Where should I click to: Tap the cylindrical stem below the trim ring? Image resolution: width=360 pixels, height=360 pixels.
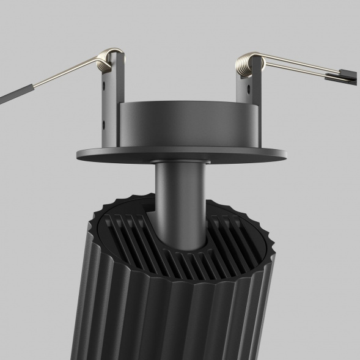pyautogui.click(x=180, y=196)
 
